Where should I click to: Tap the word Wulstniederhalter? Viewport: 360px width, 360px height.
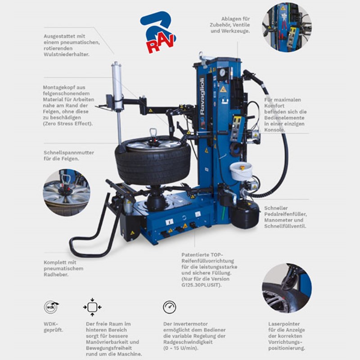66,54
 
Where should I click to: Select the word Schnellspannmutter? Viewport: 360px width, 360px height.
69,153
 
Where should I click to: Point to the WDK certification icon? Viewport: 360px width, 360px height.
51,307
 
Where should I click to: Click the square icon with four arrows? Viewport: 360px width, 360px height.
92,307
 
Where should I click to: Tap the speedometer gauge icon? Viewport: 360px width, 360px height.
170,307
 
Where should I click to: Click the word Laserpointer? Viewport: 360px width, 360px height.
284,324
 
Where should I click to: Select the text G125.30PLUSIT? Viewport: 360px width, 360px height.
201,285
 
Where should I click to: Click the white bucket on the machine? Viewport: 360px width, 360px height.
241,171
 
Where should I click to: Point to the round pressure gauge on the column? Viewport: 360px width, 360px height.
222,73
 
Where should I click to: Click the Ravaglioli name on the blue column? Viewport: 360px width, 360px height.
202,96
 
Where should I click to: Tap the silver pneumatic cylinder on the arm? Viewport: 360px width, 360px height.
117,85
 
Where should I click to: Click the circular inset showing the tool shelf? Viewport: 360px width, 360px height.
287,27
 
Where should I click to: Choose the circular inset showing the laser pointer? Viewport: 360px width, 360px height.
287,288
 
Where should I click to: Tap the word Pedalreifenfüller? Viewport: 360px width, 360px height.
285,214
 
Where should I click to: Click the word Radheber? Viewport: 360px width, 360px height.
56,274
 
